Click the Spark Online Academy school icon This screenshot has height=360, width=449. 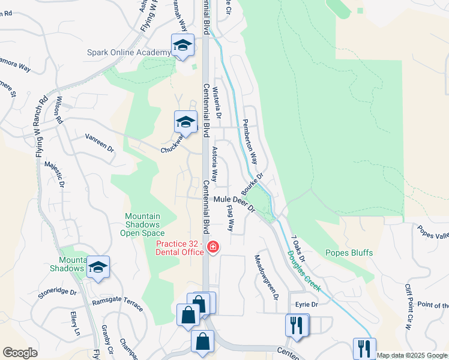183,45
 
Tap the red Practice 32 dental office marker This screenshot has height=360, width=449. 212,247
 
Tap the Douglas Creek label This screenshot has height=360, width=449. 304,271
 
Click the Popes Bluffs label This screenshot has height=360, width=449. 349,253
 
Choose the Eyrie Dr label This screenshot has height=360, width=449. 305,305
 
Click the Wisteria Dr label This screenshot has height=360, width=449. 217,101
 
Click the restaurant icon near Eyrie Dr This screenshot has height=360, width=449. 297,326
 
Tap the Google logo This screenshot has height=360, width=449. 20,353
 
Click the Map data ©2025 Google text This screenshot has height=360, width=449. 412,355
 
